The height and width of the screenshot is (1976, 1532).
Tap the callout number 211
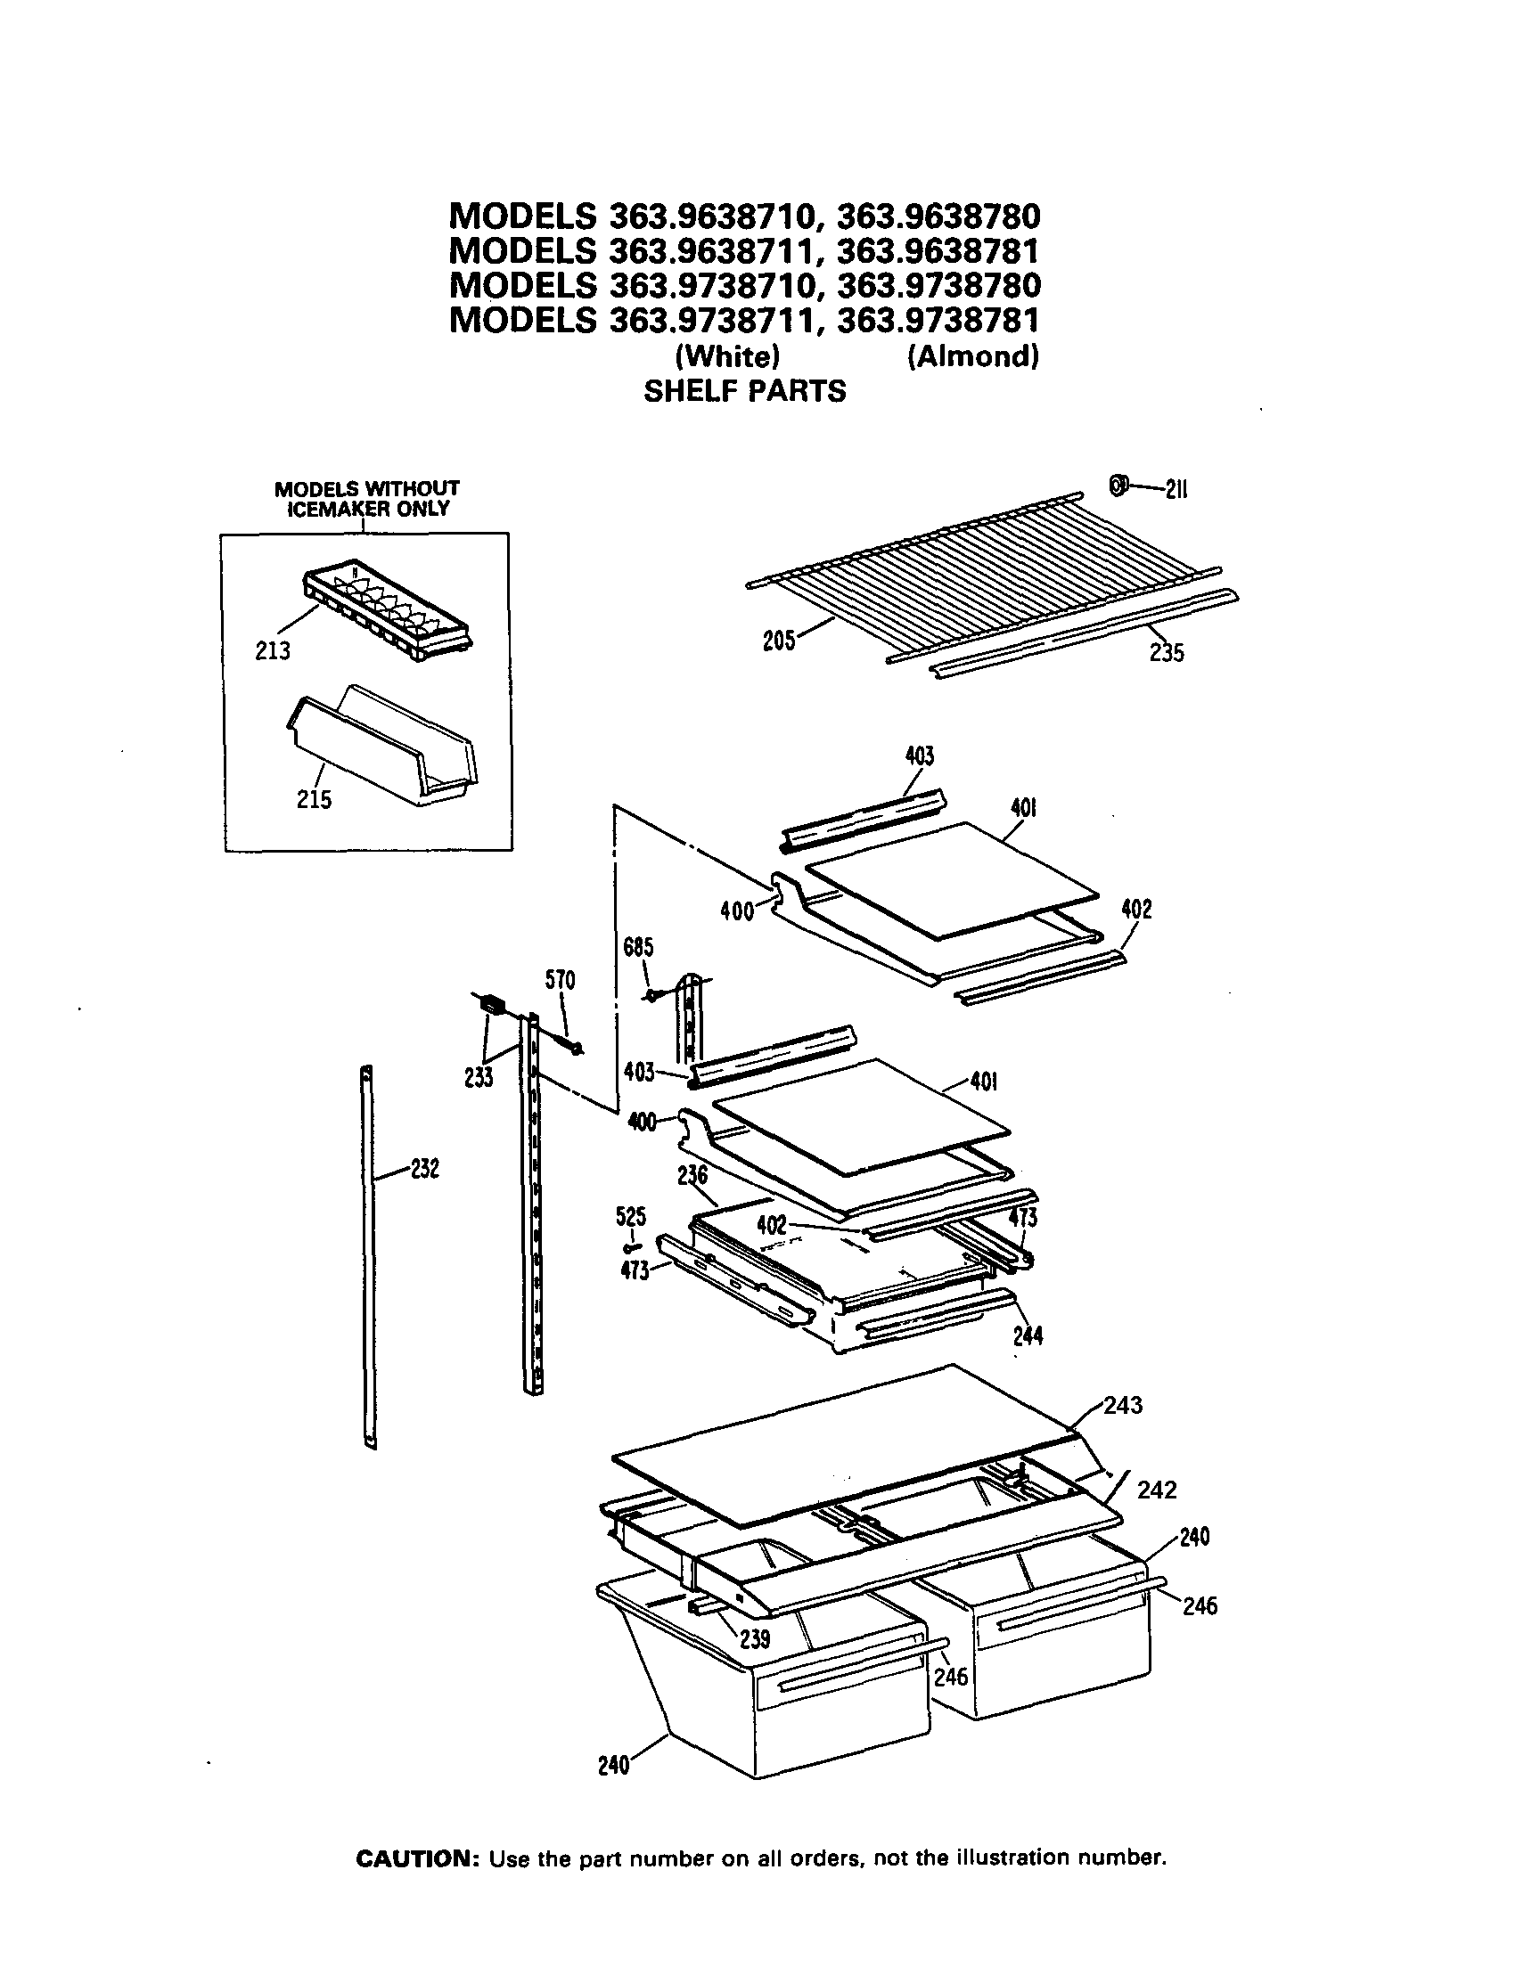click(x=1176, y=489)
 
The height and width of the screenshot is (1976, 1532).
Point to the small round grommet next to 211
click(x=1118, y=486)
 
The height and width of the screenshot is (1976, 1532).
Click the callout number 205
click(x=778, y=641)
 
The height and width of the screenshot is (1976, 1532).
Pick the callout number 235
click(x=1167, y=652)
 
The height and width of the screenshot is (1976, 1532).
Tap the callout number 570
click(x=561, y=980)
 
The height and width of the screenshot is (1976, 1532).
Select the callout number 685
click(x=638, y=947)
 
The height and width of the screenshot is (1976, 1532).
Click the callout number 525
click(x=631, y=1217)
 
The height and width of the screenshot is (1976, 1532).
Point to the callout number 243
click(x=1123, y=1405)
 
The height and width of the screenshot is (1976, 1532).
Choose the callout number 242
click(x=1157, y=1490)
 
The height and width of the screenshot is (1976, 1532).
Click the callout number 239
click(x=755, y=1638)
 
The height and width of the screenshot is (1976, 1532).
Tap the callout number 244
click(x=1028, y=1335)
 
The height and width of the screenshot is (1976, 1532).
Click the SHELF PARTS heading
click(x=744, y=391)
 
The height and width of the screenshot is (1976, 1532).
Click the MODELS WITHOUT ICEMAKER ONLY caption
click(x=366, y=499)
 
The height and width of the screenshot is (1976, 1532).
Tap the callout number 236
click(x=692, y=1175)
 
